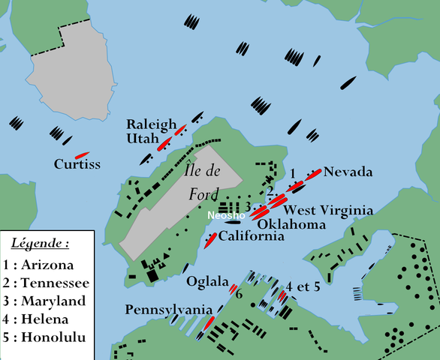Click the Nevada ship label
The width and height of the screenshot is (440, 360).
click(x=348, y=172)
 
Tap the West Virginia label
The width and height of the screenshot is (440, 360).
click(x=327, y=211)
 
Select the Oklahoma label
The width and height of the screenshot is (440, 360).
click(x=291, y=224)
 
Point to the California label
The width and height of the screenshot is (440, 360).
click(x=252, y=236)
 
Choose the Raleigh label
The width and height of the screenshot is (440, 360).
click(x=151, y=124)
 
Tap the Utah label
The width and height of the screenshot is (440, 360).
click(x=143, y=139)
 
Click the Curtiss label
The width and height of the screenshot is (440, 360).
click(x=77, y=164)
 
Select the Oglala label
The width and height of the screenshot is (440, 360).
click(x=207, y=282)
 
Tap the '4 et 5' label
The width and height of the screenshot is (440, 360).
click(x=303, y=286)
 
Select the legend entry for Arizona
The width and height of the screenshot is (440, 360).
click(x=38, y=265)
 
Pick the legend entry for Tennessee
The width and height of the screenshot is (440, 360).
click(x=45, y=283)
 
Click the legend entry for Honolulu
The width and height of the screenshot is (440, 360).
click(x=44, y=337)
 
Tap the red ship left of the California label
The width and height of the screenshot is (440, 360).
click(x=211, y=239)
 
